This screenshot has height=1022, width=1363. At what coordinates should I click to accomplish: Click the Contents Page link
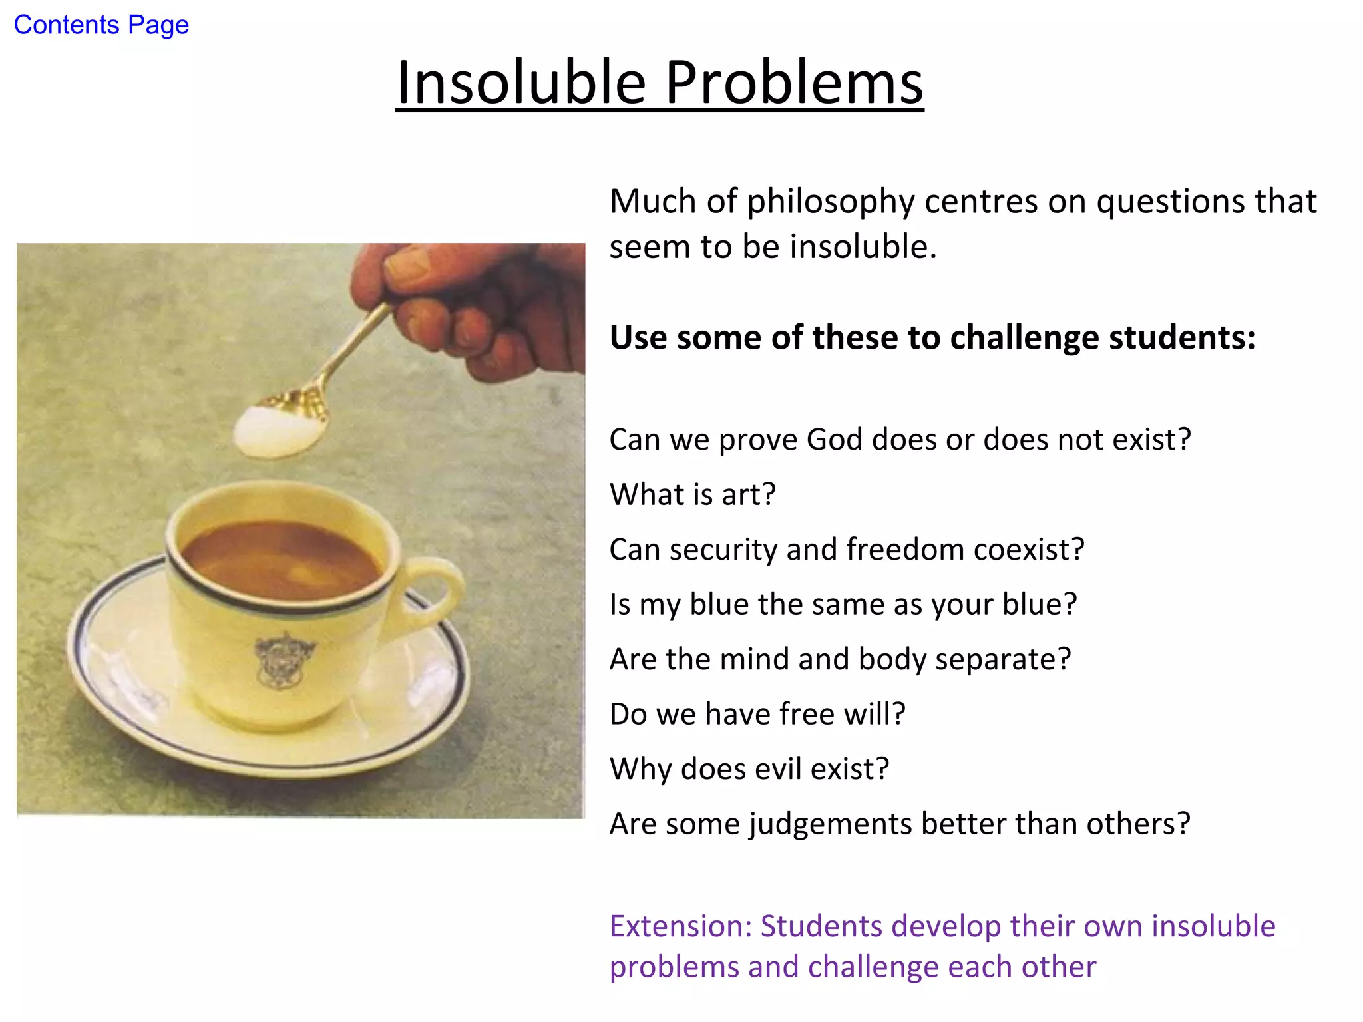(101, 25)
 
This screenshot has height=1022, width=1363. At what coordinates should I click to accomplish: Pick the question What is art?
(692, 495)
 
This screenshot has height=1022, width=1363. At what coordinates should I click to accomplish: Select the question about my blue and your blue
(843, 605)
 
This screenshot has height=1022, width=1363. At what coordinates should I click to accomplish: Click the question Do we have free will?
(757, 715)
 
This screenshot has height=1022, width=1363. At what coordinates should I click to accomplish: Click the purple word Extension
(680, 926)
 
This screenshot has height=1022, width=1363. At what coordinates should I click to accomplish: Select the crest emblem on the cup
(285, 659)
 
